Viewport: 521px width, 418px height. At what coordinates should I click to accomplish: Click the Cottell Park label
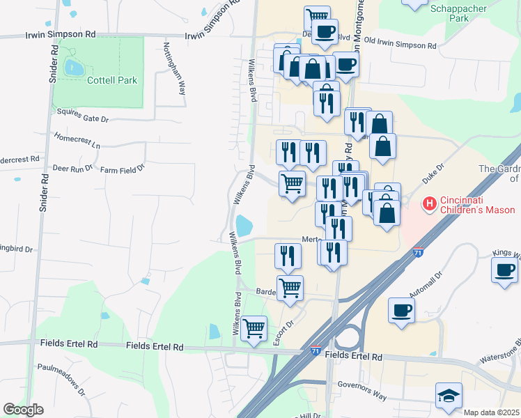pos(111,80)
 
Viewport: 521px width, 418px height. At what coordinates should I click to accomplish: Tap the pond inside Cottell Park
pos(73,68)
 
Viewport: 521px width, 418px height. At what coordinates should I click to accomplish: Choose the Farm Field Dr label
pos(121,169)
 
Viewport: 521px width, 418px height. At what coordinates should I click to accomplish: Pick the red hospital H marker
pos(429,204)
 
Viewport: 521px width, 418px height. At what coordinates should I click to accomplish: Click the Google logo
pos(23,410)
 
